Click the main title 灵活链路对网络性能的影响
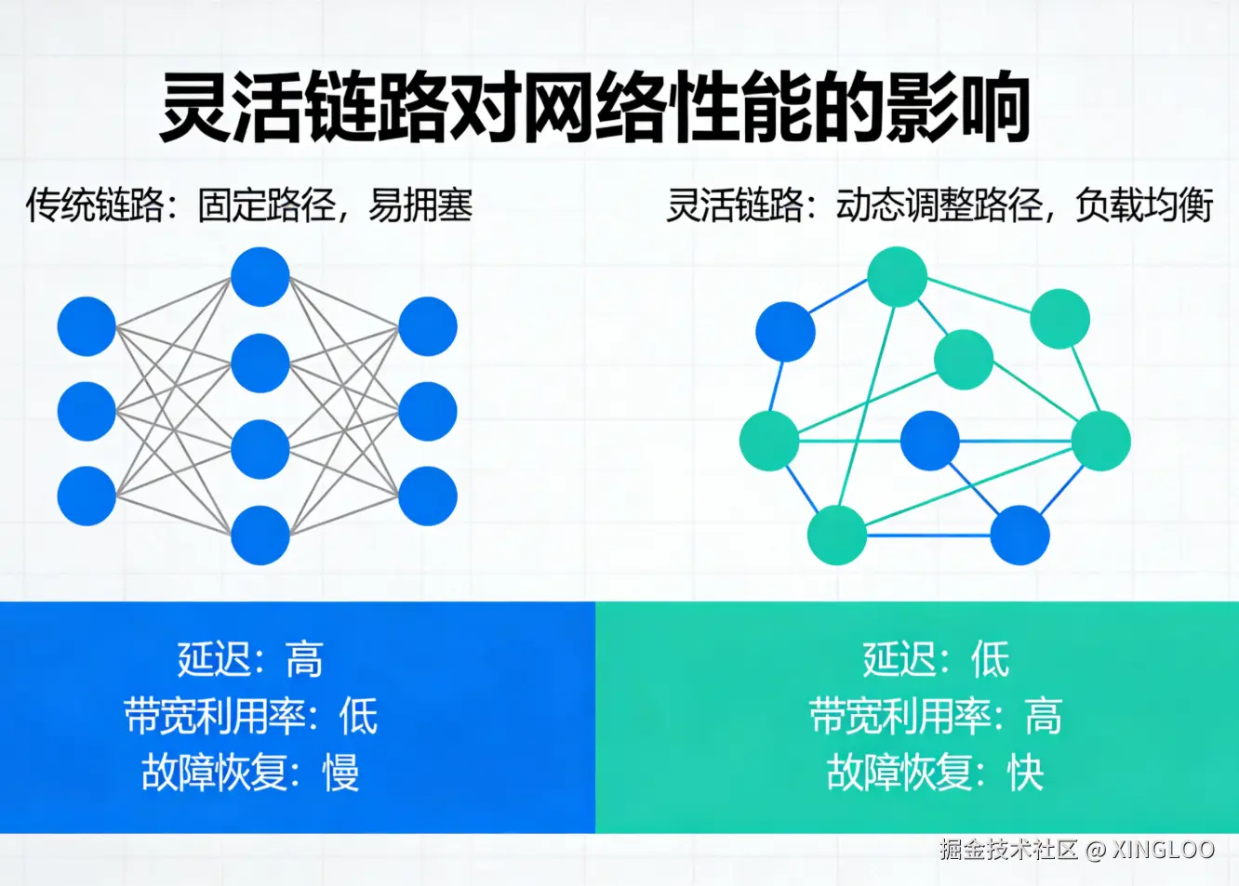[x=595, y=108]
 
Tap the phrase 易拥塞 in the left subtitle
[x=420, y=205]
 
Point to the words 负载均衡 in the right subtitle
[x=1144, y=205]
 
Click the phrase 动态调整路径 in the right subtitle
[x=939, y=205]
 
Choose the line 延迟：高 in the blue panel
[x=249, y=660]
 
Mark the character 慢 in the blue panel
[x=341, y=773]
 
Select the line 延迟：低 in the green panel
[x=936, y=660]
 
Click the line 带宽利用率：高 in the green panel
[x=936, y=716]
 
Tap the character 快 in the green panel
[x=1026, y=773]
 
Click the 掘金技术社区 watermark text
[x=1008, y=849]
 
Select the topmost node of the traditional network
[x=260, y=277]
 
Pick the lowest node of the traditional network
[x=260, y=535]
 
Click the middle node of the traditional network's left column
[x=87, y=411]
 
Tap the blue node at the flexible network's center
[x=930, y=440]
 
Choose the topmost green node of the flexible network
[x=898, y=276]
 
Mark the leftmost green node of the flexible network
[x=769, y=440]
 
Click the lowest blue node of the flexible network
[x=1019, y=535]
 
